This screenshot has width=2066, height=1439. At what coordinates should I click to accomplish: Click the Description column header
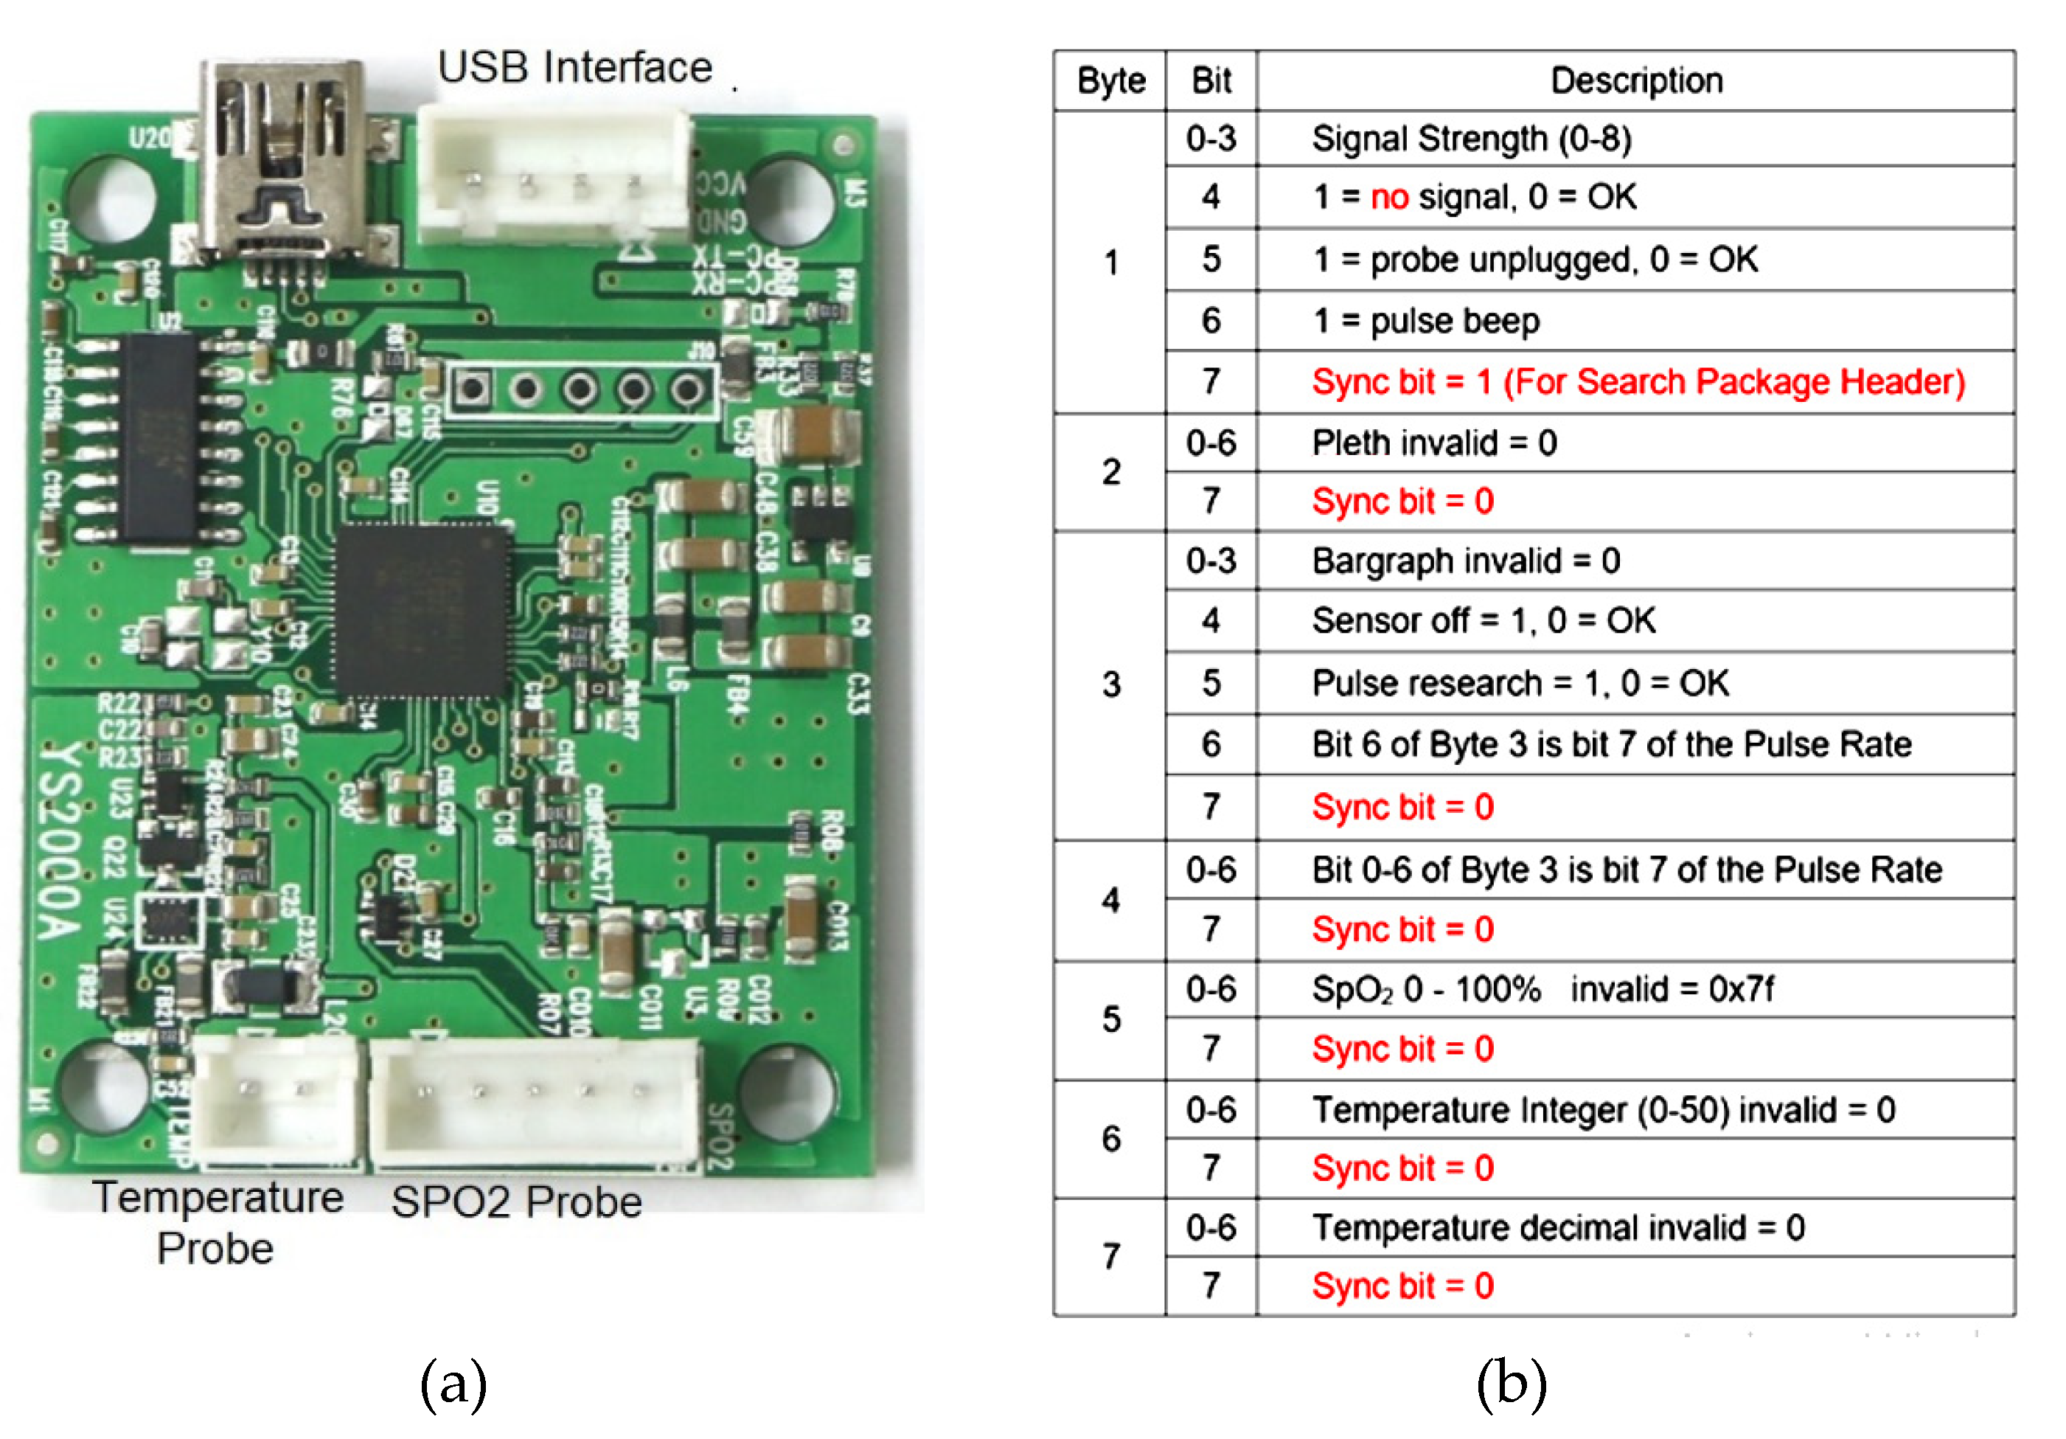tap(1636, 81)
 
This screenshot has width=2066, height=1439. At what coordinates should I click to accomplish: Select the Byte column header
tap(1110, 81)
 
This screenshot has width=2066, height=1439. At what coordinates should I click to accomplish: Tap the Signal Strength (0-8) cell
tap(1471, 139)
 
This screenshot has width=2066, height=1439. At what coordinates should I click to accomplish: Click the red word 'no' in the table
tap(1388, 197)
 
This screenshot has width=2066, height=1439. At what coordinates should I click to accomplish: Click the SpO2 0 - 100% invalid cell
tap(1542, 990)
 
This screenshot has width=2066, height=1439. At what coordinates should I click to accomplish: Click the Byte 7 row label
tap(1110, 1256)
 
